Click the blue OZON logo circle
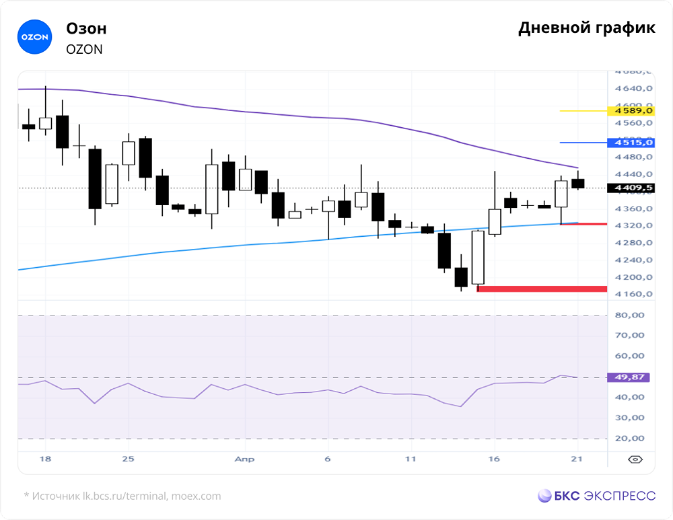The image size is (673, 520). pos(34,37)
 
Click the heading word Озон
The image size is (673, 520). pos(86,28)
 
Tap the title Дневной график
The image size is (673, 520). pos(586,28)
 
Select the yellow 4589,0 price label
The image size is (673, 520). pos(630,110)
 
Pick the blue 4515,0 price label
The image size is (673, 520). pos(630,143)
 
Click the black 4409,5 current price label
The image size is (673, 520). pos(630,188)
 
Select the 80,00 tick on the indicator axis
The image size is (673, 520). pos(631,315)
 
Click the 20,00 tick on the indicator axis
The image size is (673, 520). pos(631,439)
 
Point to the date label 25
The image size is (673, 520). pos(129,459)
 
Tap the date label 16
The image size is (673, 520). pos(495,459)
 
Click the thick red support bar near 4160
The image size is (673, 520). pos(542,289)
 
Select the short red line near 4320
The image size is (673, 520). pos(583,224)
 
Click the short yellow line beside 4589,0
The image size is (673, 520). pos(583,110)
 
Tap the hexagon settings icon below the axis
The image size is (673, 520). pos(635,459)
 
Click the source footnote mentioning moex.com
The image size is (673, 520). pos(122,496)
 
